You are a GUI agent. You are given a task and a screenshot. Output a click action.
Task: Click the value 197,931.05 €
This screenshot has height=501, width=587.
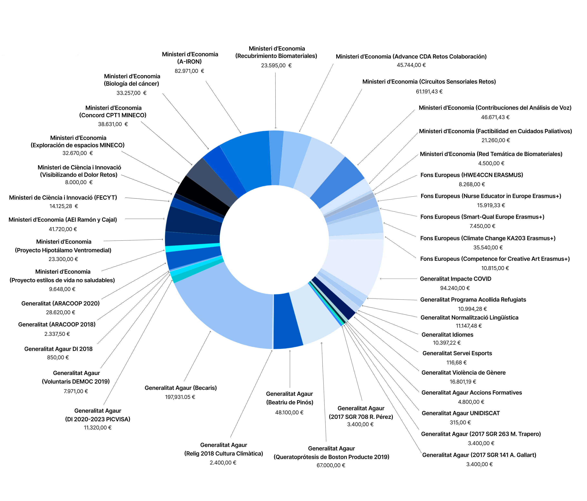tap(180, 397)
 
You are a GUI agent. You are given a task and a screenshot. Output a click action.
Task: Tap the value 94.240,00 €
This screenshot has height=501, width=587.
tap(455, 288)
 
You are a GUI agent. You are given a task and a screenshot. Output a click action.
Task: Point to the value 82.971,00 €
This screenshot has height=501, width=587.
tap(189, 71)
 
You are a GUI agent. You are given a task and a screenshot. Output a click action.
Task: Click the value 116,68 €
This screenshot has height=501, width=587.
tap(456, 363)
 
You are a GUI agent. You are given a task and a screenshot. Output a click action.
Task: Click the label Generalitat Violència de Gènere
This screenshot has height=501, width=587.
tap(464, 373)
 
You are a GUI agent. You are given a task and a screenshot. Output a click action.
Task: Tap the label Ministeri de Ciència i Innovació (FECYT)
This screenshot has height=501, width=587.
tap(63, 198)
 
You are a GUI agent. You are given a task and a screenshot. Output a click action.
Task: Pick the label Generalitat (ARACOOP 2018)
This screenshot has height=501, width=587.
tap(57, 324)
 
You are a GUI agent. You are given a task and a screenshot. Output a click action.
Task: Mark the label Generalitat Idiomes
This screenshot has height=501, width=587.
tap(447, 335)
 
